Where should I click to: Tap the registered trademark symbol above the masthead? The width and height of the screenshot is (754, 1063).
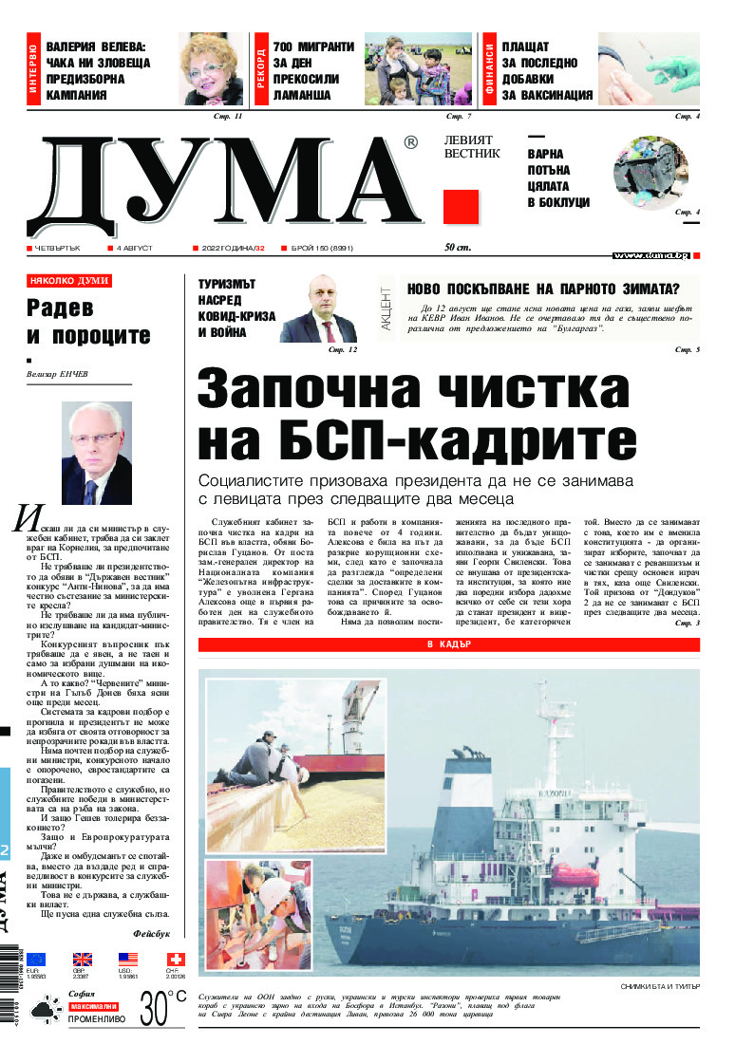[409, 142]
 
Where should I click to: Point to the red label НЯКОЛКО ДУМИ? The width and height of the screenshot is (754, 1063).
[69, 281]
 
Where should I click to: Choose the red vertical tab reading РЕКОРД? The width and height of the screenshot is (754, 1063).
[261, 68]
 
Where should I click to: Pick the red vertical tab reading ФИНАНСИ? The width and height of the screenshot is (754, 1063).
[490, 68]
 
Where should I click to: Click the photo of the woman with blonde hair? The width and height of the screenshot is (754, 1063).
[211, 68]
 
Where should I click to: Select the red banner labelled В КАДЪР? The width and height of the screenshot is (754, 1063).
[449, 644]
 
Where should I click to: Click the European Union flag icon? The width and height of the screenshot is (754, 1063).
[36, 960]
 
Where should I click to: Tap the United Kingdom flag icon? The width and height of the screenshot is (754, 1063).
[83, 960]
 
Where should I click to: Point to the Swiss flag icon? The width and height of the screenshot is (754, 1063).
[175, 960]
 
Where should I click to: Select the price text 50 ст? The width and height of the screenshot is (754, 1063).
[458, 248]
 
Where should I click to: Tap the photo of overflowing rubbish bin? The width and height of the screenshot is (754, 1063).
[654, 172]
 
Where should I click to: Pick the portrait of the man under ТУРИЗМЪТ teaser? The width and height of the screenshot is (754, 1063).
[318, 313]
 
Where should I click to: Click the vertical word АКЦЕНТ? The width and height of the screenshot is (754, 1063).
[386, 307]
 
